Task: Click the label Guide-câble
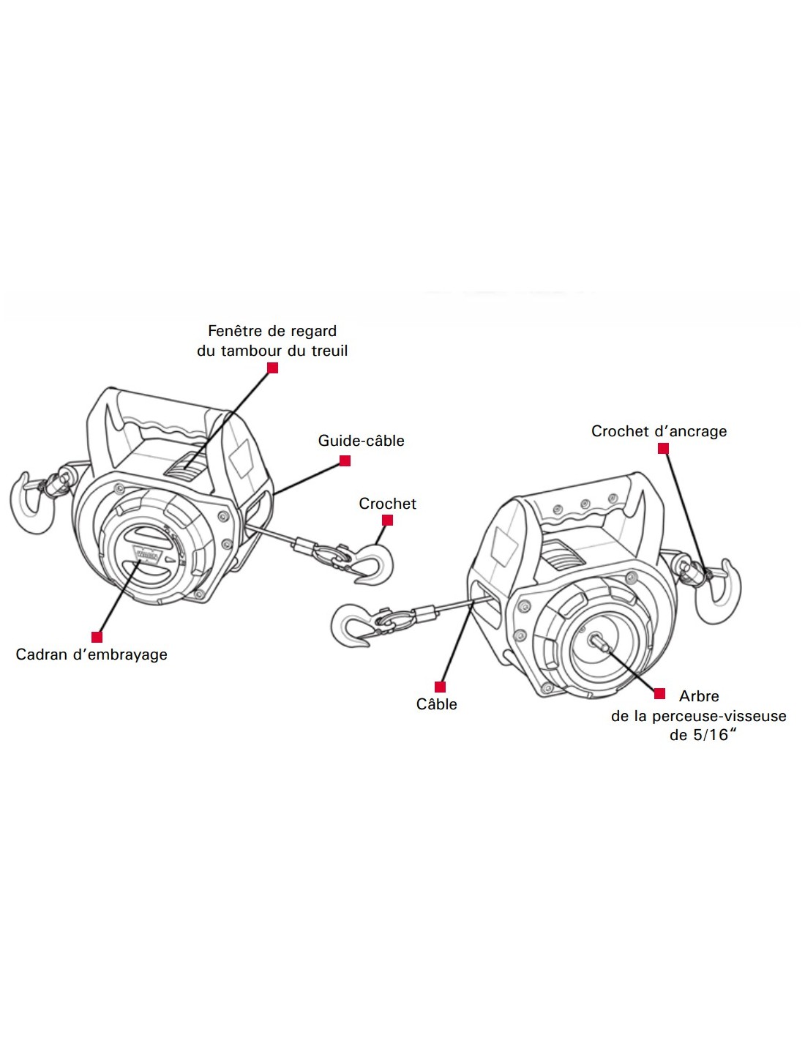[361, 441]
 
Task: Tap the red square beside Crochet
[388, 520]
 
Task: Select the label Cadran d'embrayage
[91, 654]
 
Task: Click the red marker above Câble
[440, 687]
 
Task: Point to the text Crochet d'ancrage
[659, 431]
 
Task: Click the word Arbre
[699, 696]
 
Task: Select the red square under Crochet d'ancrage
[663, 449]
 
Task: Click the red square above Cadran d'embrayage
[97, 637]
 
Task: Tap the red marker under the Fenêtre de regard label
[273, 368]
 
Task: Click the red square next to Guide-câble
[345, 461]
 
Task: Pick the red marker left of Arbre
[659, 694]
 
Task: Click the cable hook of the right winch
[352, 626]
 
